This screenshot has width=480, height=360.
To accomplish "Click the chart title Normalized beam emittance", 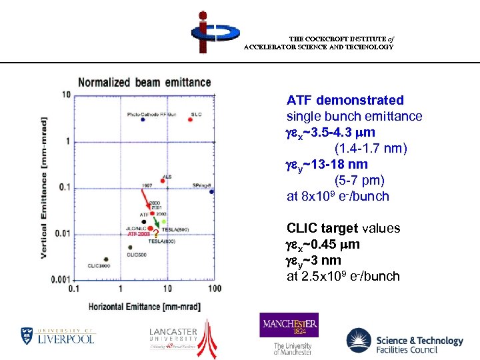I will coord(144,83).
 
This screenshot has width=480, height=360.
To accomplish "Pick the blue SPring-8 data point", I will coord(211,191).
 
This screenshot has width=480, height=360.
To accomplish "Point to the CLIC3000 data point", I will coord(106,259).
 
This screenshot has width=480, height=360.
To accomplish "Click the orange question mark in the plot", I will coord(155,233).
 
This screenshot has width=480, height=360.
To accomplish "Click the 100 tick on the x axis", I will coord(215,288).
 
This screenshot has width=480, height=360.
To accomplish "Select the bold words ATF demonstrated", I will coord(345,101).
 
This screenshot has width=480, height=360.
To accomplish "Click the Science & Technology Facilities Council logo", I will coord(405,341).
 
